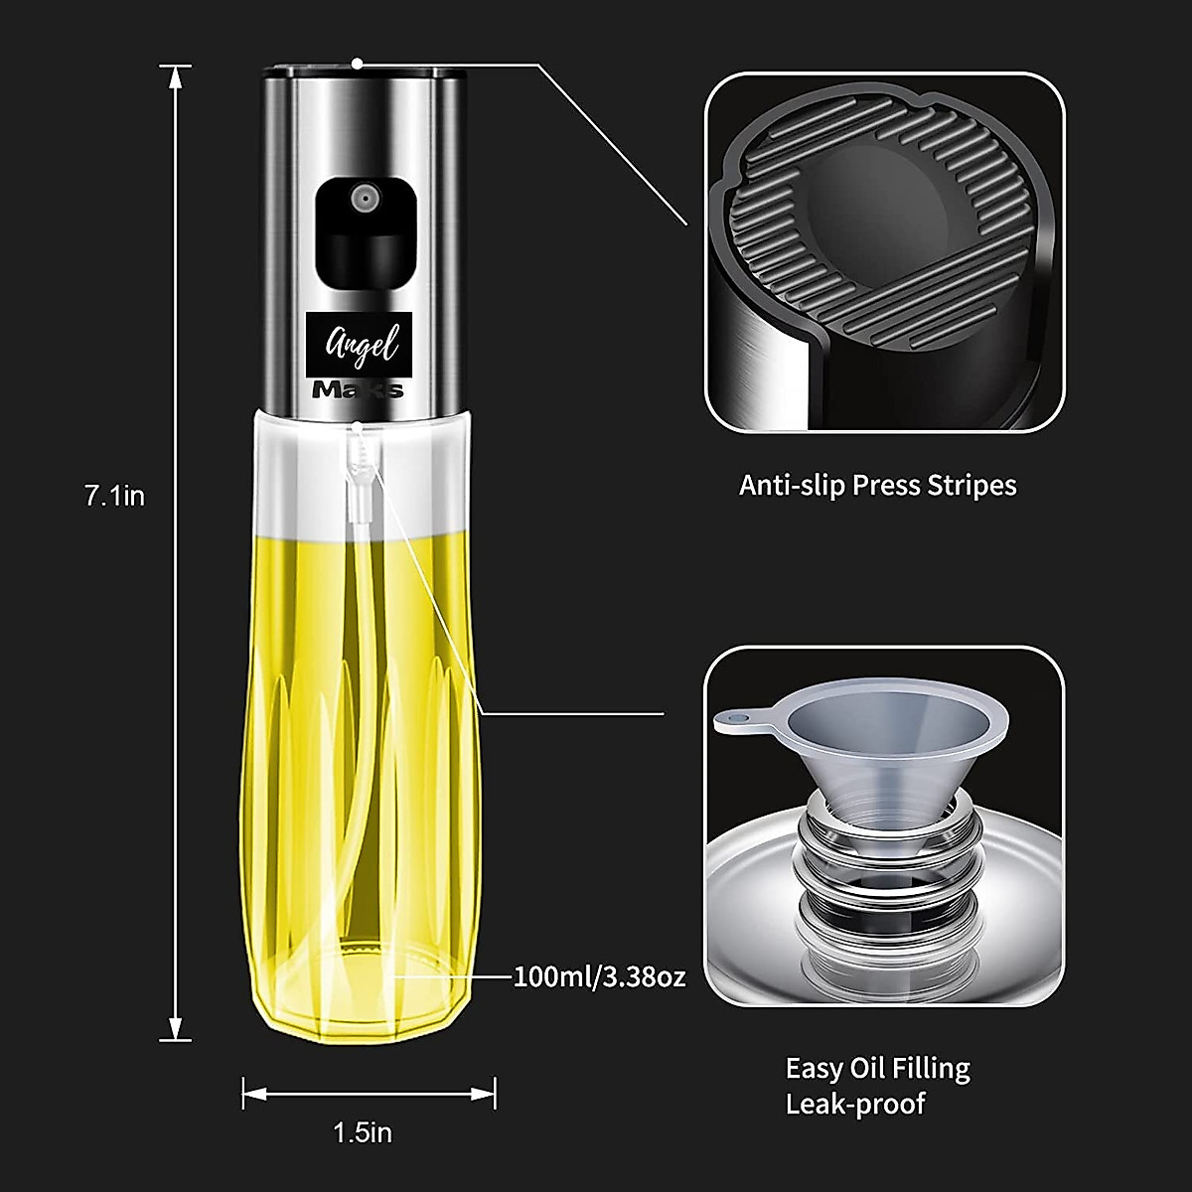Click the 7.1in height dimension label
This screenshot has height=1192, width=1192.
114,495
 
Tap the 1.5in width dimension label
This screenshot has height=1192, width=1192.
362,1132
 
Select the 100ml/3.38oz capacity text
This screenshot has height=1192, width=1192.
599,976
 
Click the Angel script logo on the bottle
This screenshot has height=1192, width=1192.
363,344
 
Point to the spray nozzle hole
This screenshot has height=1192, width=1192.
365,199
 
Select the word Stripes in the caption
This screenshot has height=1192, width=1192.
971,486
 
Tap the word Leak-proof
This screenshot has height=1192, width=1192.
855,1104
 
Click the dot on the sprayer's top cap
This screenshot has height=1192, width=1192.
358,65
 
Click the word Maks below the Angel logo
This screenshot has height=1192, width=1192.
358,388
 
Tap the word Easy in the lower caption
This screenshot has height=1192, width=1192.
816,1069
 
